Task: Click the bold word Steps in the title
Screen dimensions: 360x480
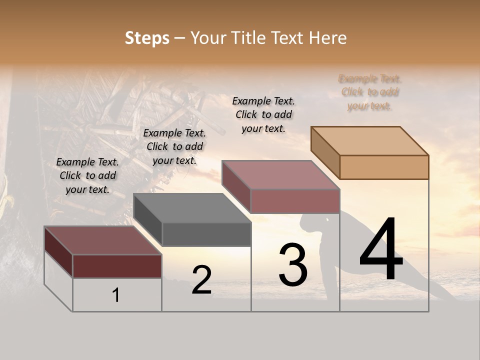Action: pos(147,38)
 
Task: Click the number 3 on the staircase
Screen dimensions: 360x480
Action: pos(293,265)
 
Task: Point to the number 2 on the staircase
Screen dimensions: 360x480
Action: pos(201,280)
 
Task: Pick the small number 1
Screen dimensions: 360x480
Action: pos(116,295)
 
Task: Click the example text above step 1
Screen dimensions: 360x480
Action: pos(87,175)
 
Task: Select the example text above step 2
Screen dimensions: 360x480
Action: pos(174,146)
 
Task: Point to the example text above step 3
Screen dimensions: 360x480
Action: pos(263,114)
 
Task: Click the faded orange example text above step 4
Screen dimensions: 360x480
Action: pos(370,92)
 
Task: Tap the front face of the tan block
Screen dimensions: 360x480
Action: pos(384,167)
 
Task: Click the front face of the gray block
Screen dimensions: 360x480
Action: pos(206,234)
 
